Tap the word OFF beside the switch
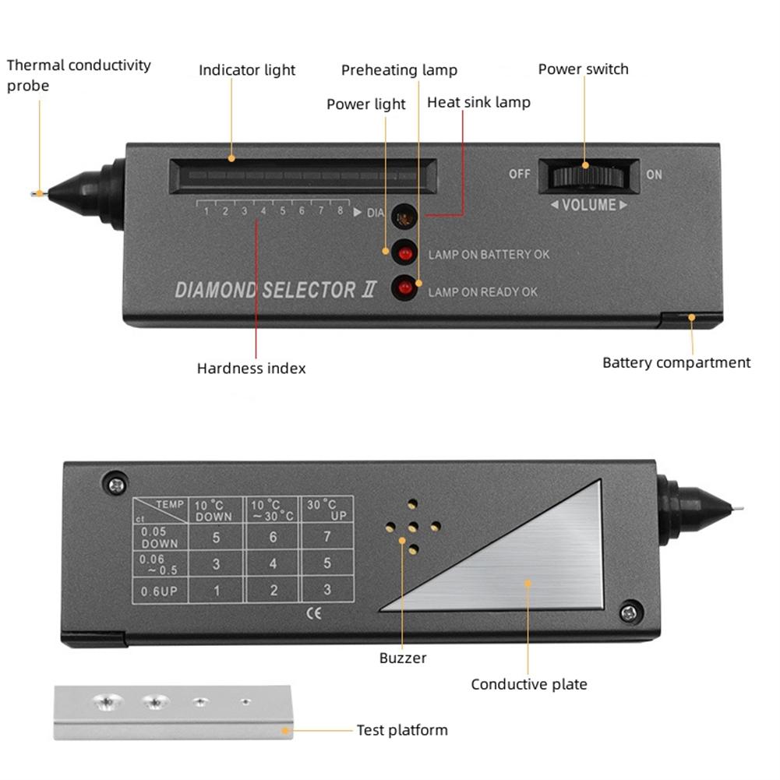point(520,174)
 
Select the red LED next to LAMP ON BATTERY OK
point(404,252)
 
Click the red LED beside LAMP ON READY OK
point(404,288)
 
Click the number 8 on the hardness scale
point(340,210)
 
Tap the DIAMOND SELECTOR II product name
point(276,291)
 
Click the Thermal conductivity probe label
point(78,75)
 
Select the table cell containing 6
point(273,537)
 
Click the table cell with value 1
point(217,590)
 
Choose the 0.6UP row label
point(159,591)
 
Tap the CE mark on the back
point(315,612)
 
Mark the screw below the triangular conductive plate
point(628,612)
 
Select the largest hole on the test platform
point(105,701)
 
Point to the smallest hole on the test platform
point(245,702)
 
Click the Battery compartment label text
point(676,362)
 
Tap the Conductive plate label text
point(528,684)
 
